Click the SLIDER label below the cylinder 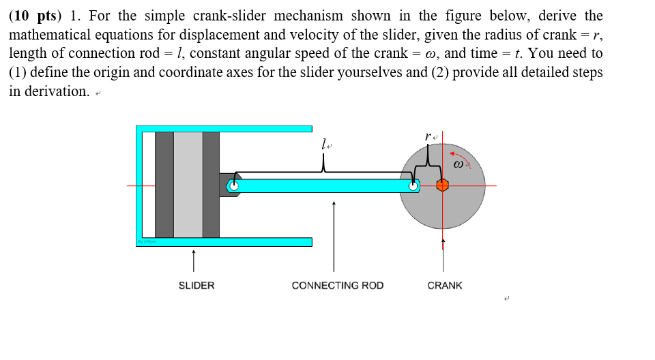pyautogui.click(x=196, y=286)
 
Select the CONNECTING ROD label pyautogui.click(x=337, y=286)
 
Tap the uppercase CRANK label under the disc pyautogui.click(x=444, y=286)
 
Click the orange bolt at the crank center pyautogui.click(x=443, y=185)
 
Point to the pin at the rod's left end pyautogui.click(x=234, y=185)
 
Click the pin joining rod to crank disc pyautogui.click(x=413, y=185)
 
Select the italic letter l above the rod pyautogui.click(x=324, y=145)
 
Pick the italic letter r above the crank pyautogui.click(x=428, y=136)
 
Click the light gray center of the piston pyautogui.click(x=188, y=184)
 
